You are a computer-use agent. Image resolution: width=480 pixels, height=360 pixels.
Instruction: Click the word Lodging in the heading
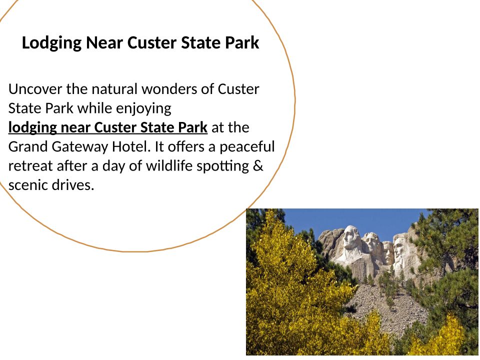(51, 43)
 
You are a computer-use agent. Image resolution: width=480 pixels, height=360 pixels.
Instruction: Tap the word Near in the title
(104, 42)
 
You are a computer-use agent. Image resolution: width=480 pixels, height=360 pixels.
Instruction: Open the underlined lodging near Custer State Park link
(108, 127)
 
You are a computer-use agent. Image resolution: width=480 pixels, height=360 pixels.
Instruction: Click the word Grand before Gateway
(28, 146)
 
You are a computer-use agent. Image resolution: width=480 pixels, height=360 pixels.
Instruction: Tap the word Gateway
(80, 147)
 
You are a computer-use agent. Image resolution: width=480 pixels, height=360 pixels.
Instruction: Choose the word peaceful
(247, 147)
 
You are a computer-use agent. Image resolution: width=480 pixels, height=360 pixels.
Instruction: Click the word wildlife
(169, 165)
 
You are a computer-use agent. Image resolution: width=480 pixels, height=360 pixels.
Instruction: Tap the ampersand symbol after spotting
(258, 166)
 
